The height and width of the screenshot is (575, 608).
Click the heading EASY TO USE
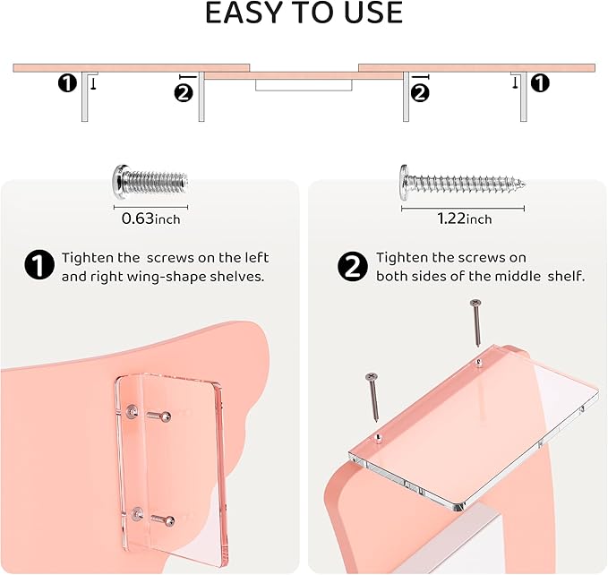click(x=304, y=13)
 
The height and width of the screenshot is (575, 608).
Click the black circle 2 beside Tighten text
click(x=351, y=266)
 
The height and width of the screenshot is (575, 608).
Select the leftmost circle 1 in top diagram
click(x=67, y=84)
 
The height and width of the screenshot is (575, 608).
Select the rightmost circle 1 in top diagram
click(x=540, y=84)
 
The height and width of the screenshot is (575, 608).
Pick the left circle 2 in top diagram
click(x=184, y=91)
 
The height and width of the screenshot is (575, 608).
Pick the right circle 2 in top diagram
click(x=419, y=91)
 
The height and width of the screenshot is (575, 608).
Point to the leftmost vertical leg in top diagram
click(x=83, y=96)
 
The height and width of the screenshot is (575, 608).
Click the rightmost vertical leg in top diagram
click(x=523, y=96)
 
